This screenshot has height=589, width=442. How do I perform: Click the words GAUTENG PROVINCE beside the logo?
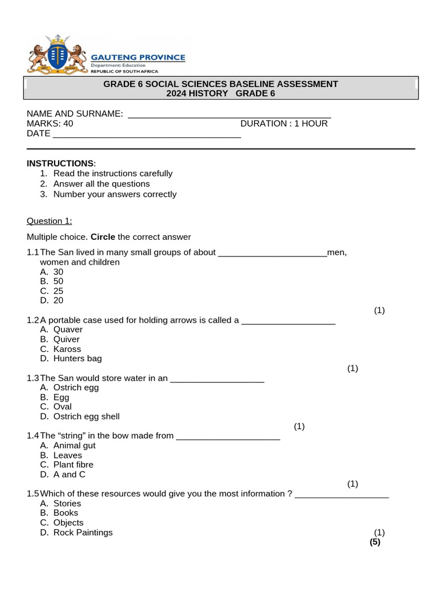tap(139, 58)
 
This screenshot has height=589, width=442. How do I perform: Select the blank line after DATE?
tap(146, 136)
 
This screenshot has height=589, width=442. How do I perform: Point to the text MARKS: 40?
tap(50, 124)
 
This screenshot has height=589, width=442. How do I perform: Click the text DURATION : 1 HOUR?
tap(284, 124)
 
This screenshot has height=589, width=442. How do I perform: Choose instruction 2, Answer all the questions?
tap(101, 184)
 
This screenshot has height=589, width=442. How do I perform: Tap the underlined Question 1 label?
tap(49, 221)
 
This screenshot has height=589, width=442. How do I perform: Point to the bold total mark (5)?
tap(375, 542)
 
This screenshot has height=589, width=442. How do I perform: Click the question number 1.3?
tap(33, 378)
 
